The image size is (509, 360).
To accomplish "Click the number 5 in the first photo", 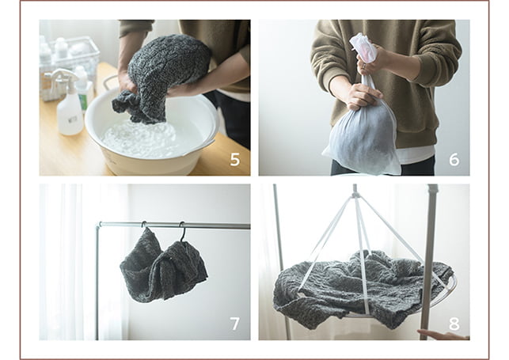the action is (x=234, y=159).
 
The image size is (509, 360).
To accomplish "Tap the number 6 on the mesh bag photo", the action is (x=454, y=159).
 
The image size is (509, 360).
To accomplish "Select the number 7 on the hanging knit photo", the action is (x=234, y=324).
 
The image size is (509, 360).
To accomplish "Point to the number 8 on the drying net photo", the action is (x=454, y=324).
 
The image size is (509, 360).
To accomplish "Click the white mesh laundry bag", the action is (x=362, y=130).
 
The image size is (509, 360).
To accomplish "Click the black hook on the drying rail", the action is (x=183, y=231).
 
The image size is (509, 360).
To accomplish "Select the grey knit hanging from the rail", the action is (x=164, y=266).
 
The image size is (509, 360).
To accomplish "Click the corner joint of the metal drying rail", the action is (x=99, y=225).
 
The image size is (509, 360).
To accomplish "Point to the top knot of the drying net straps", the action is (x=355, y=195).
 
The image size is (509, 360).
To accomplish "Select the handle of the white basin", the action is (x=109, y=84).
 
